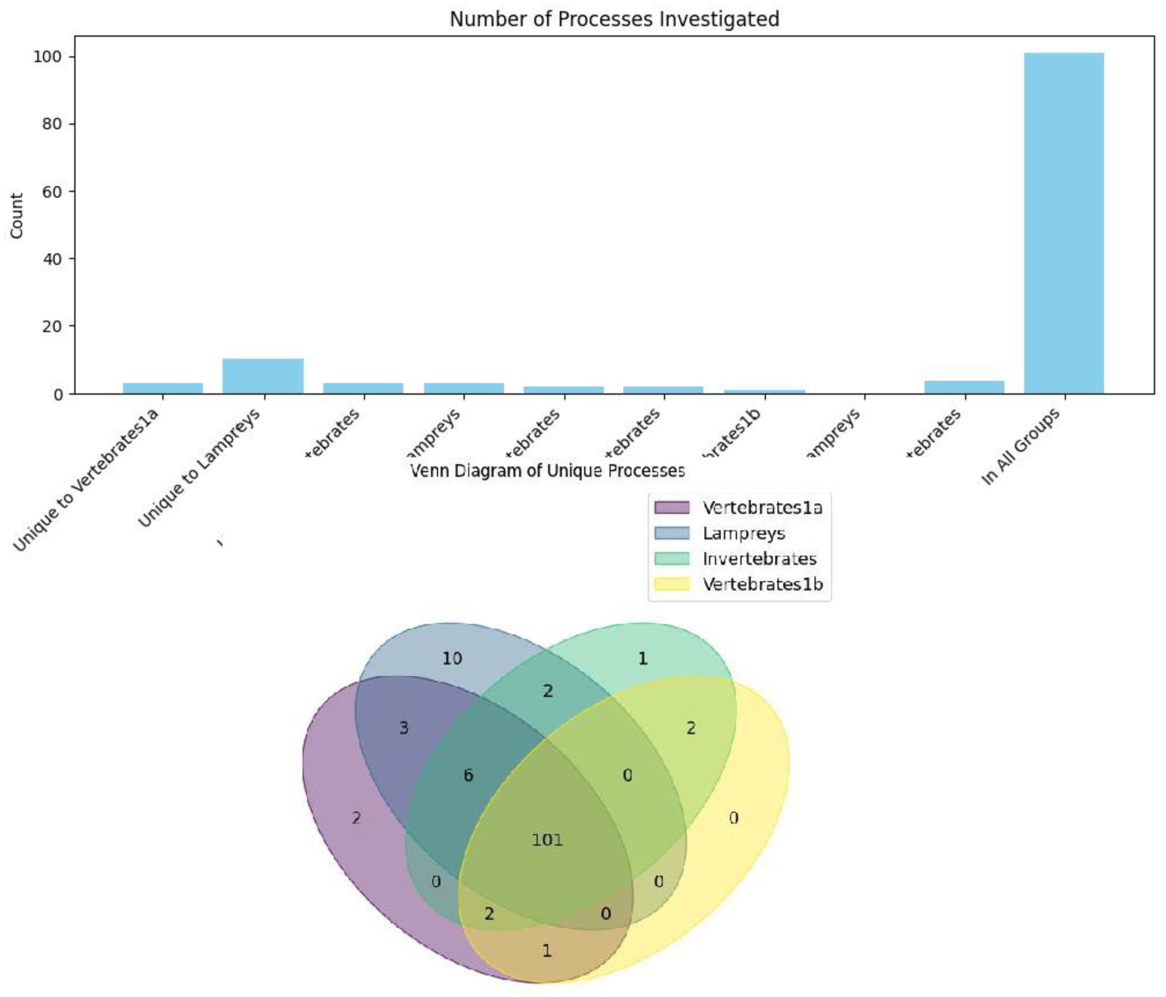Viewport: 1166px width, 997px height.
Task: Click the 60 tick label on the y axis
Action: [52, 191]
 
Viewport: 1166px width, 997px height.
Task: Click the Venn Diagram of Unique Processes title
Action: [547, 471]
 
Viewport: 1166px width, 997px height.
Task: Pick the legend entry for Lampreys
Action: [743, 533]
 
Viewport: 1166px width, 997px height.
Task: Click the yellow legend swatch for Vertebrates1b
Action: [671, 584]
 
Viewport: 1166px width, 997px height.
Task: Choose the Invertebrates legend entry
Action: [759, 559]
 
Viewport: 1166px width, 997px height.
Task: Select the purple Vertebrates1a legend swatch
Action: [671, 507]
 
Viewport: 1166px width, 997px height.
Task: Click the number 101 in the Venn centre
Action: [547, 841]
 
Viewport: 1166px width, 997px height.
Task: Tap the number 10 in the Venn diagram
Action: [452, 658]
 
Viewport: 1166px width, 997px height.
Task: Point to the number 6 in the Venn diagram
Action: [468, 776]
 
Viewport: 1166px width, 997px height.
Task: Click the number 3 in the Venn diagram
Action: [404, 728]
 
